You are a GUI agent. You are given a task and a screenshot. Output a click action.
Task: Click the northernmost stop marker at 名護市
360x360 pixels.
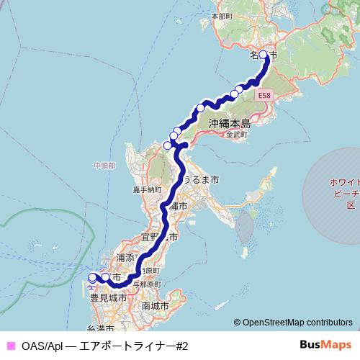(263, 55)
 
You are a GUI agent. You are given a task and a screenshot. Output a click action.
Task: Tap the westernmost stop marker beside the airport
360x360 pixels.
(92, 277)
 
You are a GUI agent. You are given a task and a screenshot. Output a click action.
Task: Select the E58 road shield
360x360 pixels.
(264, 94)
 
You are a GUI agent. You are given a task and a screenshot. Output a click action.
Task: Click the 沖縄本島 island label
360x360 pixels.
(229, 122)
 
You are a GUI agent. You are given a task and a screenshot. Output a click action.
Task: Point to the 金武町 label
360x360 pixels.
(236, 135)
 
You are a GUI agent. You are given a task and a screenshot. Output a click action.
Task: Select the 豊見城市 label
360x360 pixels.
(109, 297)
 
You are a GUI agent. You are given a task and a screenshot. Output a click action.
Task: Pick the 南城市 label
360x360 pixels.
(156, 306)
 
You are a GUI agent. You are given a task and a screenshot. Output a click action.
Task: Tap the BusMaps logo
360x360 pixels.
(323, 345)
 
